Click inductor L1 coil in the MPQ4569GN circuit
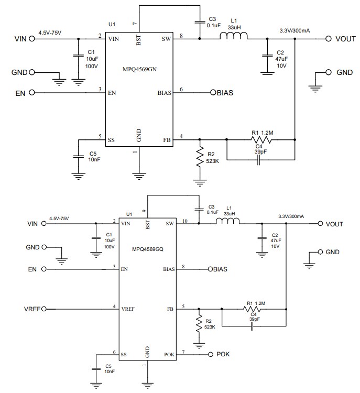pyautogui.click(x=233, y=37)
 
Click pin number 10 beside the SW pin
pyautogui.click(x=184, y=221)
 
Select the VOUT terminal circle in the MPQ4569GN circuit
pyautogui.click(x=329, y=38)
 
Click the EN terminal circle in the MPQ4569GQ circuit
pyautogui.click(x=43, y=269)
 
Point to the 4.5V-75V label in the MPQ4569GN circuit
pyautogui.click(x=50, y=32)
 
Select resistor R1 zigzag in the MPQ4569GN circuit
pyautogui.click(x=260, y=139)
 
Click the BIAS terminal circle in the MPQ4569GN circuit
pyautogui.click(x=213, y=93)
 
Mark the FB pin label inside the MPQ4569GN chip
pyautogui.click(x=167, y=140)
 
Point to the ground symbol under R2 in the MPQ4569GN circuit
pyautogui.click(x=199, y=182)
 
